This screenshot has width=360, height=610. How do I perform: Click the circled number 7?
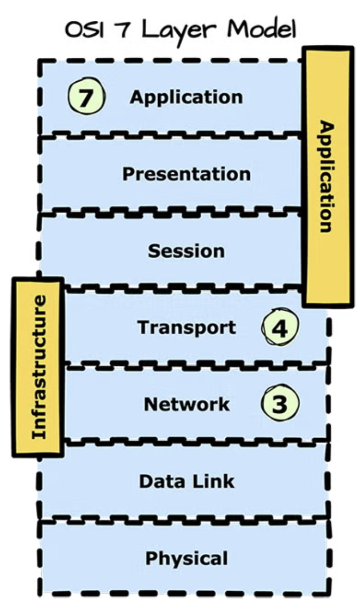(x=86, y=97)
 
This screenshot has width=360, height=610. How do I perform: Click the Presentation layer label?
(x=186, y=174)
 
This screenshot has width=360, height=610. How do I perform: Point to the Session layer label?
(x=186, y=251)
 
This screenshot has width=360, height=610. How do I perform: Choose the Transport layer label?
(x=186, y=328)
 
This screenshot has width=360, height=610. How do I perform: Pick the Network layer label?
(x=186, y=404)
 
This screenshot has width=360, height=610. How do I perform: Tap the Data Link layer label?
(x=186, y=481)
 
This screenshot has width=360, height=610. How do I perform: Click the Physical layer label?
(x=186, y=558)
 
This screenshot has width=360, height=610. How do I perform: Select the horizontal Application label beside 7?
(x=186, y=97)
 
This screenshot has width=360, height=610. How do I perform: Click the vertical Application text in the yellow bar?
(x=326, y=176)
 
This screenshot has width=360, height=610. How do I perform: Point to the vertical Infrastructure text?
(x=38, y=367)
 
